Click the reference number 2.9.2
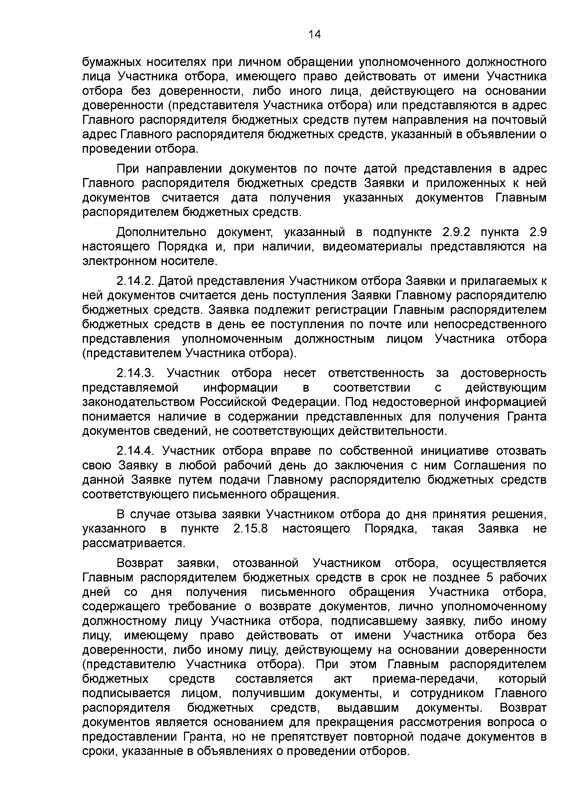pyautogui.click(x=453, y=233)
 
